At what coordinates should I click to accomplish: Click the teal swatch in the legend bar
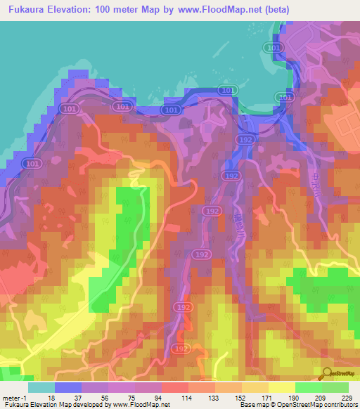point(41,387)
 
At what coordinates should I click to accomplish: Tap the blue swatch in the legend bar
point(68,387)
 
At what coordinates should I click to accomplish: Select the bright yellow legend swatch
point(282,387)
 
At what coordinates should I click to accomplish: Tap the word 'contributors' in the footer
point(340,405)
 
